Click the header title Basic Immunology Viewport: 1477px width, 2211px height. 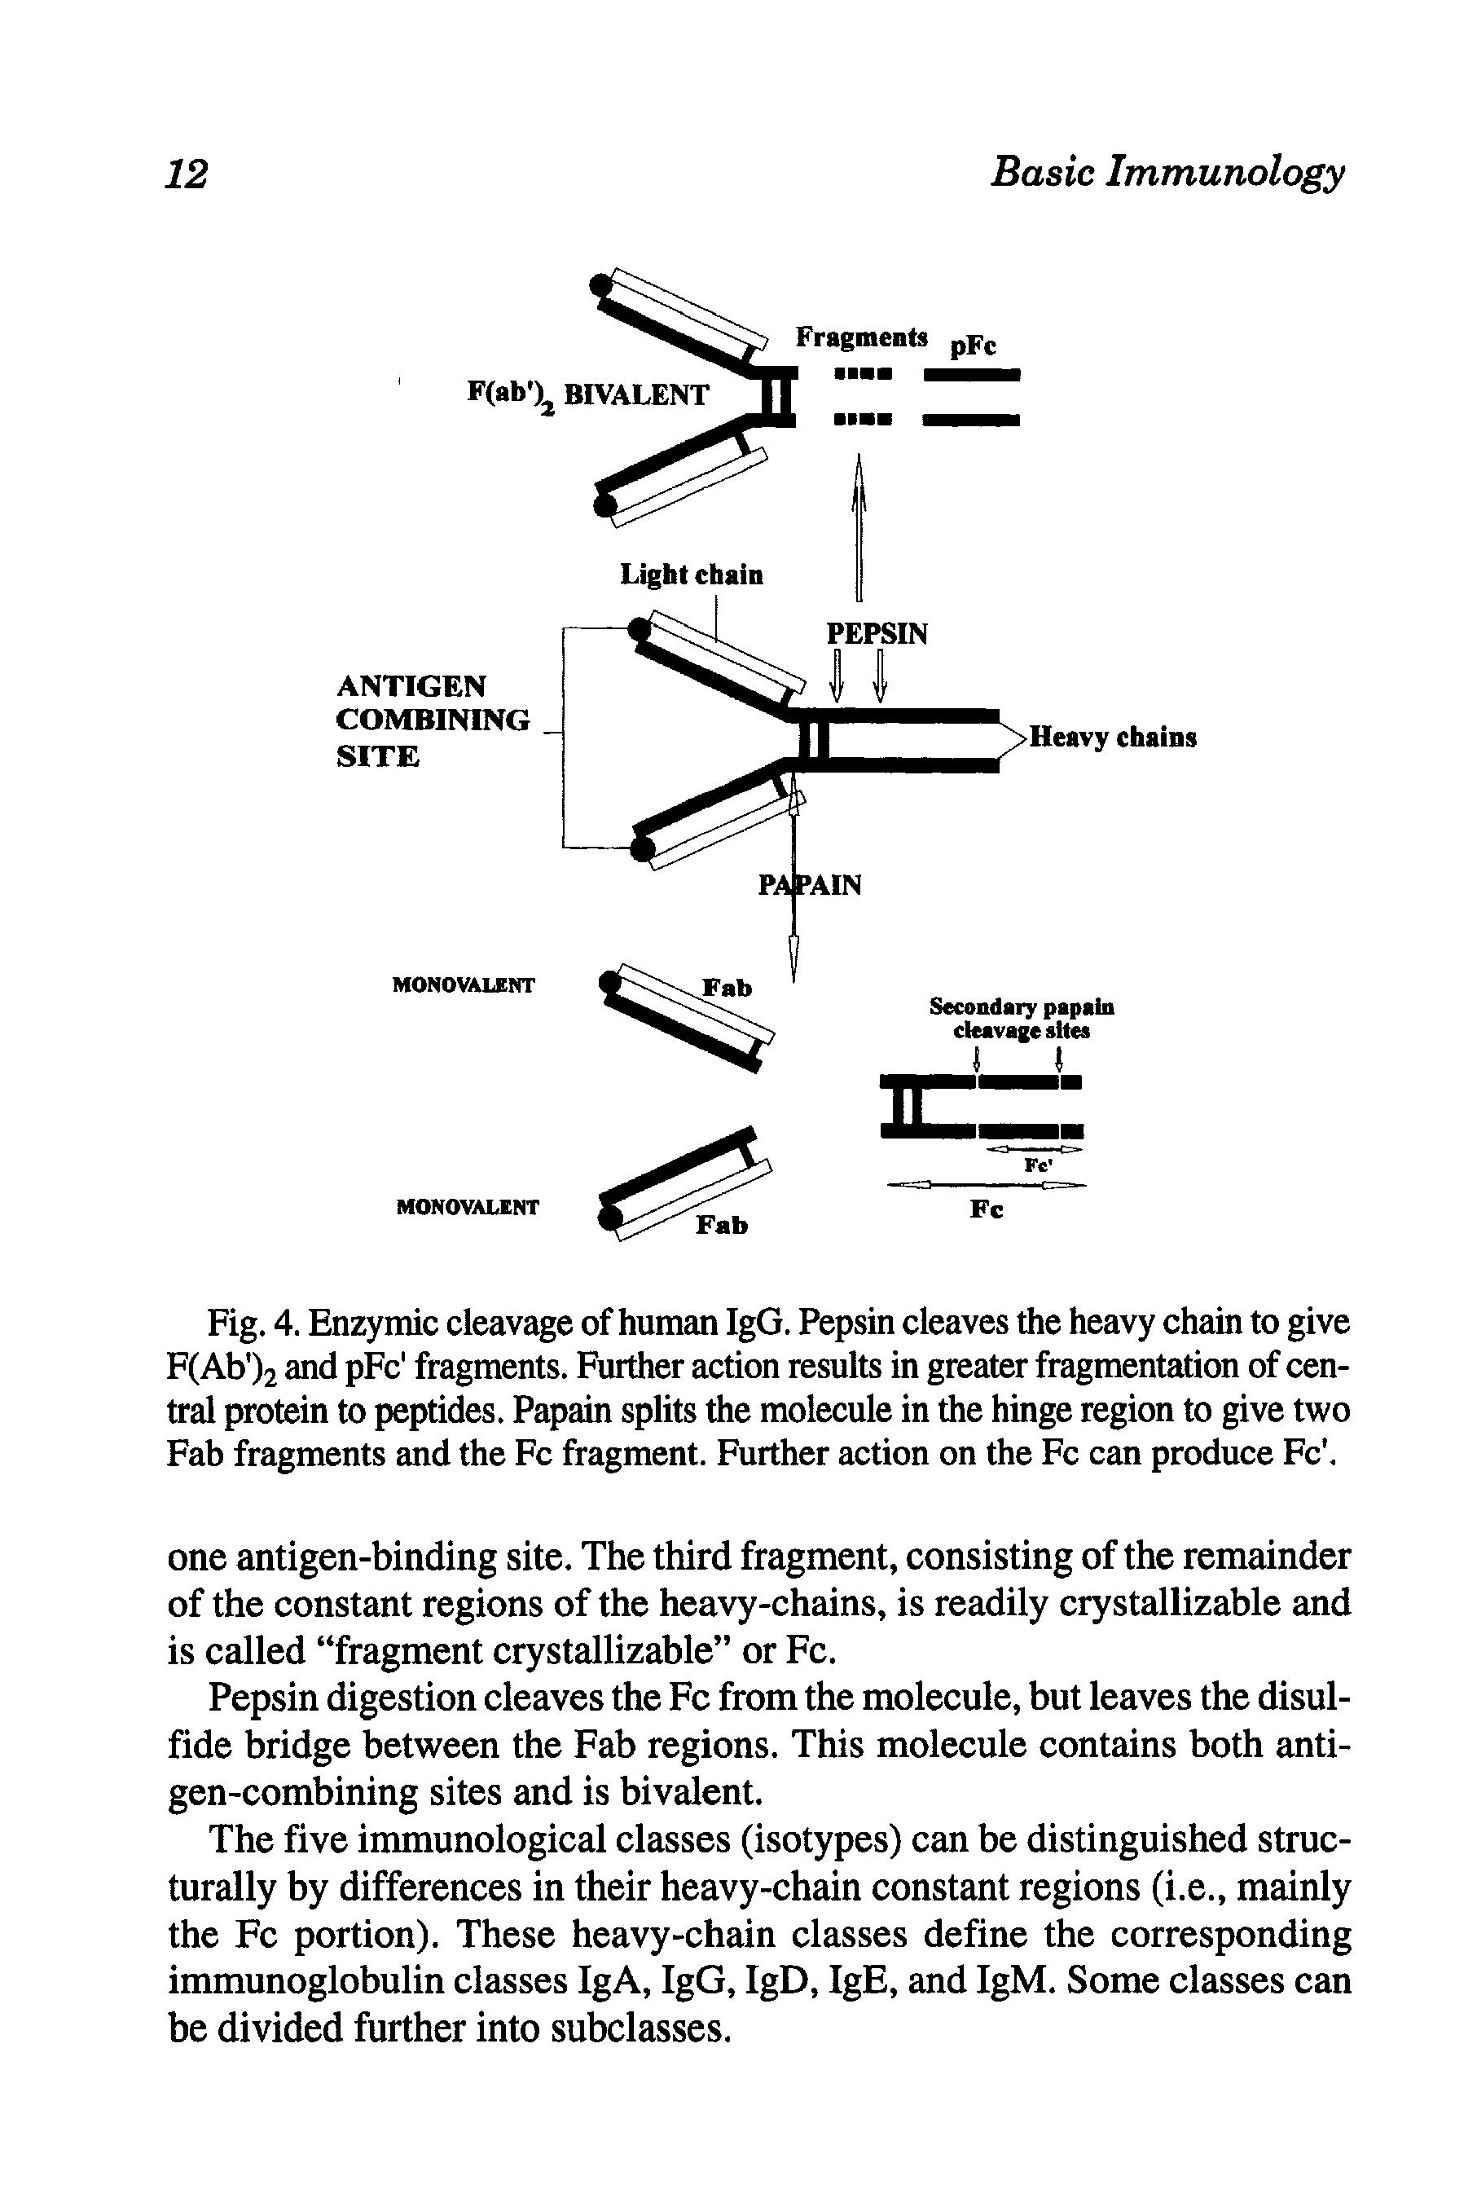(1167, 174)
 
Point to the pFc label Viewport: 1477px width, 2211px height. (972, 346)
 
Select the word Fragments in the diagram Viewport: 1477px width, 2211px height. (861, 337)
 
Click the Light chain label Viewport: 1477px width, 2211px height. (692, 575)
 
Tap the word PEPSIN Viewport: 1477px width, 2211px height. (877, 633)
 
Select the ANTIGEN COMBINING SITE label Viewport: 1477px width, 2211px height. (433, 720)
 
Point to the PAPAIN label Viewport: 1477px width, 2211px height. (810, 886)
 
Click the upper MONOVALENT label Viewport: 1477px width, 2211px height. (464, 985)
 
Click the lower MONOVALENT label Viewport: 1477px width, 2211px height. (468, 1207)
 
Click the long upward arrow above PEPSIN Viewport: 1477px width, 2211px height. (858, 527)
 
